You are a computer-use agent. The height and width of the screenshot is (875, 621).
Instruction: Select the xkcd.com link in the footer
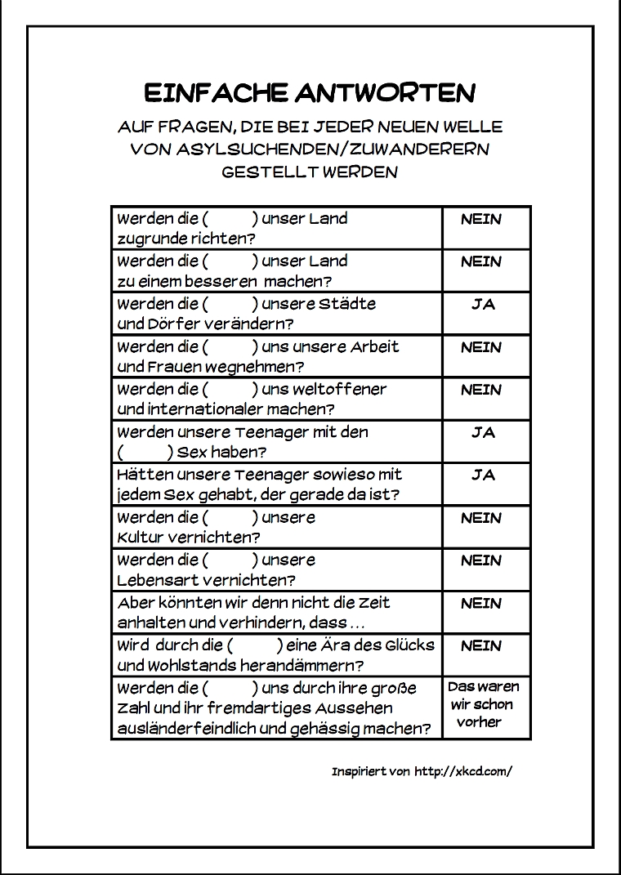pos(463,771)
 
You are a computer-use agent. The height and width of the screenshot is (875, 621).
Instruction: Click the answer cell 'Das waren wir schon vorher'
pos(484,704)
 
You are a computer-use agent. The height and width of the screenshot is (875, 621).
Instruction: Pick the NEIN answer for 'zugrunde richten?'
pos(481,219)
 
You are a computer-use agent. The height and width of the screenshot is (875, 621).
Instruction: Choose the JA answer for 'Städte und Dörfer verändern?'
pos(483,304)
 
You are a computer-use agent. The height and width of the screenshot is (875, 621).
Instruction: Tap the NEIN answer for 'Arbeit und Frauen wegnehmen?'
pos(481,347)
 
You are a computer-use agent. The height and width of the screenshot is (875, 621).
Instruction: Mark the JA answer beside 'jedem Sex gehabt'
pos(483,475)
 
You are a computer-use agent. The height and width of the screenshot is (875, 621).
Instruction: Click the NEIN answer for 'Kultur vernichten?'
pos(481,518)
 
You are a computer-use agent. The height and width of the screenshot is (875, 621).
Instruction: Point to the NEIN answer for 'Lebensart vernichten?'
pos(481,560)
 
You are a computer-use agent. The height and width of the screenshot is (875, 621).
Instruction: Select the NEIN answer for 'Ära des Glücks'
pos(481,645)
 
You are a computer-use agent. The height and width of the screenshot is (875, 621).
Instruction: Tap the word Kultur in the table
pos(141,538)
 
